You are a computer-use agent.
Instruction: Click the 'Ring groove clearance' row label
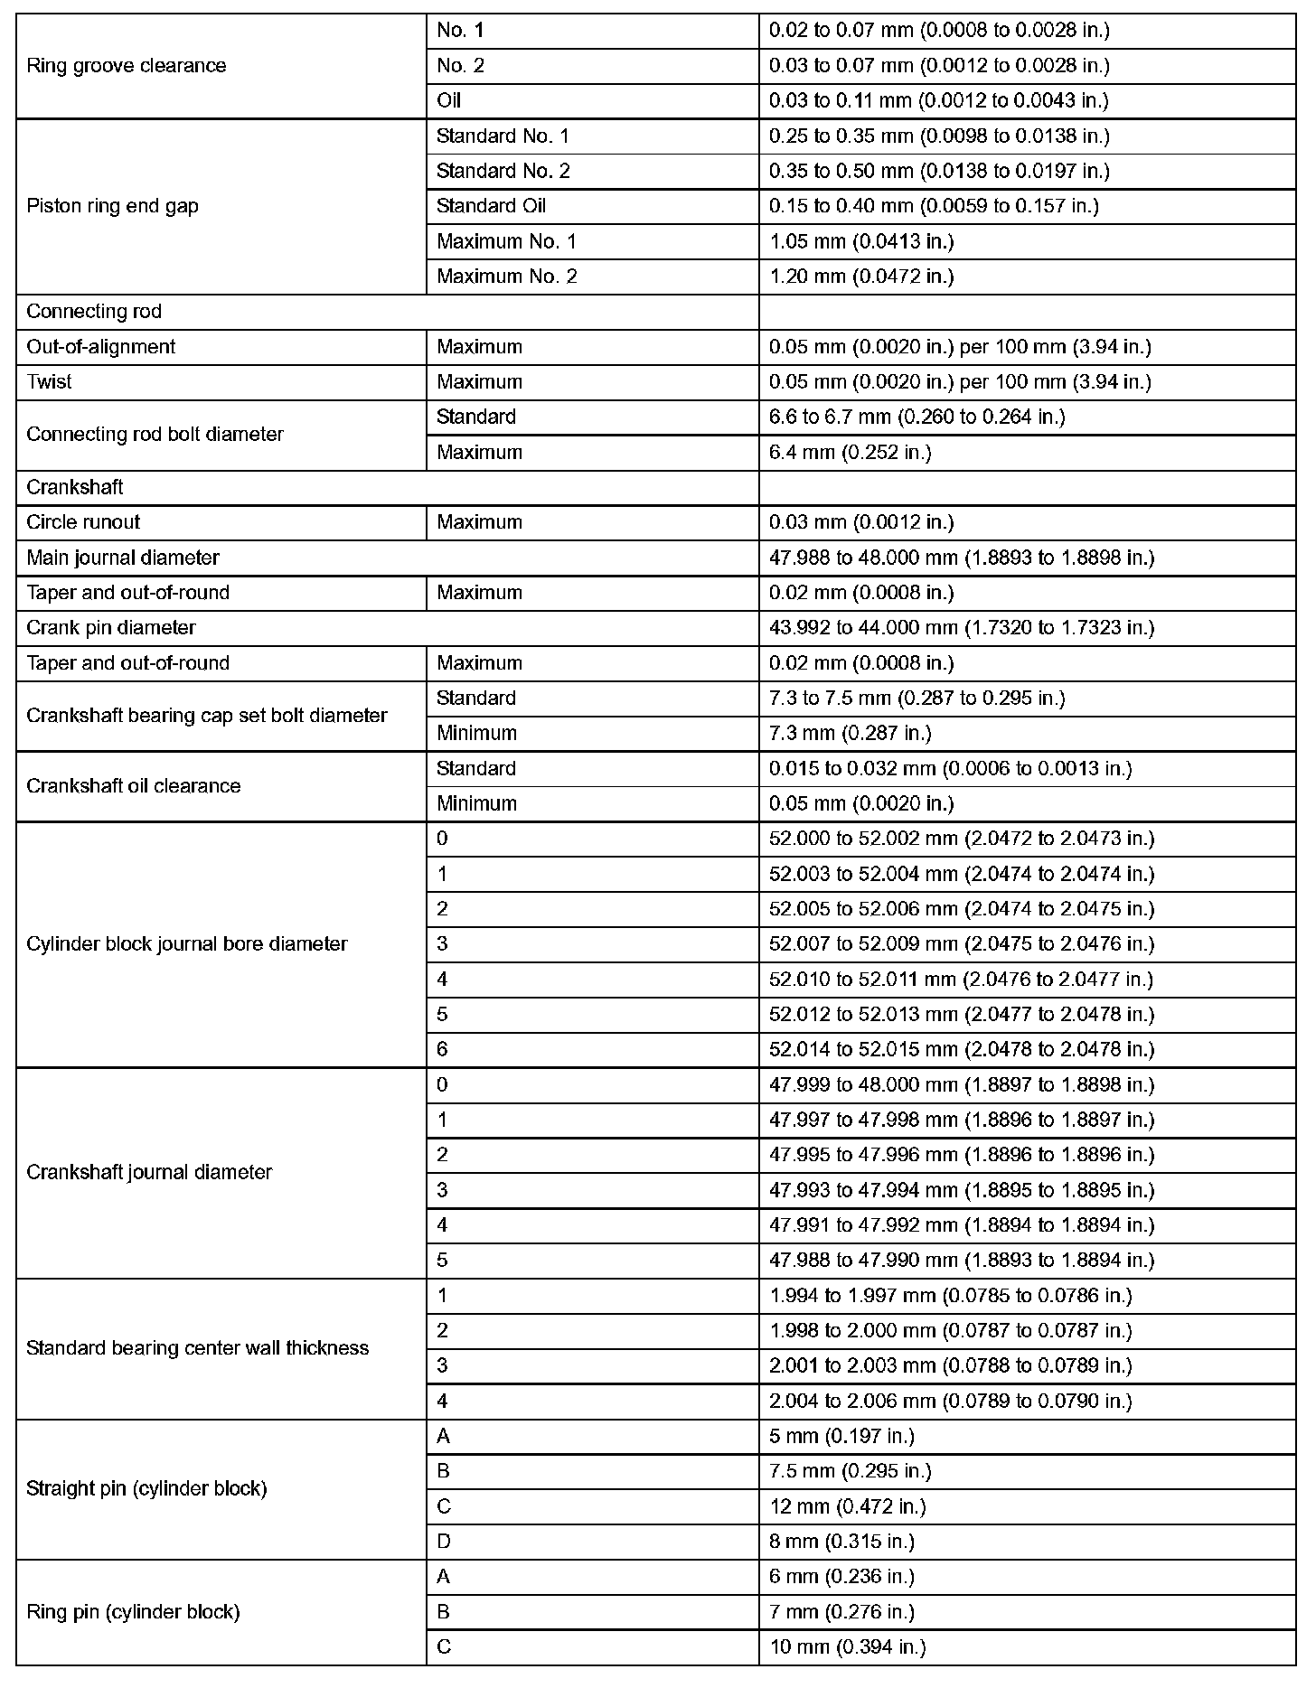pyautogui.click(x=127, y=66)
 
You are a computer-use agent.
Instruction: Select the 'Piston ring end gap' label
pyautogui.click(x=112, y=206)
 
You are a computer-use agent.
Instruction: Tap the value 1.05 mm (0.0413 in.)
pyautogui.click(x=861, y=241)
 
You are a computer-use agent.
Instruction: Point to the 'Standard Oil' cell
pyautogui.click(x=491, y=206)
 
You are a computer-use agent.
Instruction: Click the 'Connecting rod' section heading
pyautogui.click(x=94, y=312)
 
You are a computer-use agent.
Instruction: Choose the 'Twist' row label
pyautogui.click(x=49, y=382)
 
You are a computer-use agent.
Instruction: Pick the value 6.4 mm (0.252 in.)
pyautogui.click(x=850, y=453)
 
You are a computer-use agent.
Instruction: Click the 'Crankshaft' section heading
pyautogui.click(x=75, y=488)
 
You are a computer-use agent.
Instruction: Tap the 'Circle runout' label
pyautogui.click(x=83, y=522)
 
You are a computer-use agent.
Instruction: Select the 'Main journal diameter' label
pyautogui.click(x=123, y=558)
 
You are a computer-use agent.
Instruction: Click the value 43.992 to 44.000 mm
pyautogui.click(x=962, y=628)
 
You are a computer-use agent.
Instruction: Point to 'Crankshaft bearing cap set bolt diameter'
pyautogui.click(x=207, y=716)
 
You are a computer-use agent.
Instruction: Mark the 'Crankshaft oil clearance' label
pyautogui.click(x=134, y=786)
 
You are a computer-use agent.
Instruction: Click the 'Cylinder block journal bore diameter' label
pyautogui.click(x=187, y=944)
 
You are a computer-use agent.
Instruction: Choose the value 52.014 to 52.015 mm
pyautogui.click(x=962, y=1050)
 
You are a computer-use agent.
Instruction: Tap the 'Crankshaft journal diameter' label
pyautogui.click(x=149, y=1173)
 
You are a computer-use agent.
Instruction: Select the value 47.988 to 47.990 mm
pyautogui.click(x=962, y=1261)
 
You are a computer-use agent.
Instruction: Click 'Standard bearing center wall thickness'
pyautogui.click(x=198, y=1348)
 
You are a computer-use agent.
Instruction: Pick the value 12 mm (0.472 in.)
pyautogui.click(x=848, y=1507)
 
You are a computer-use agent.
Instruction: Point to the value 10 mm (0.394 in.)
pyautogui.click(x=848, y=1647)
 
